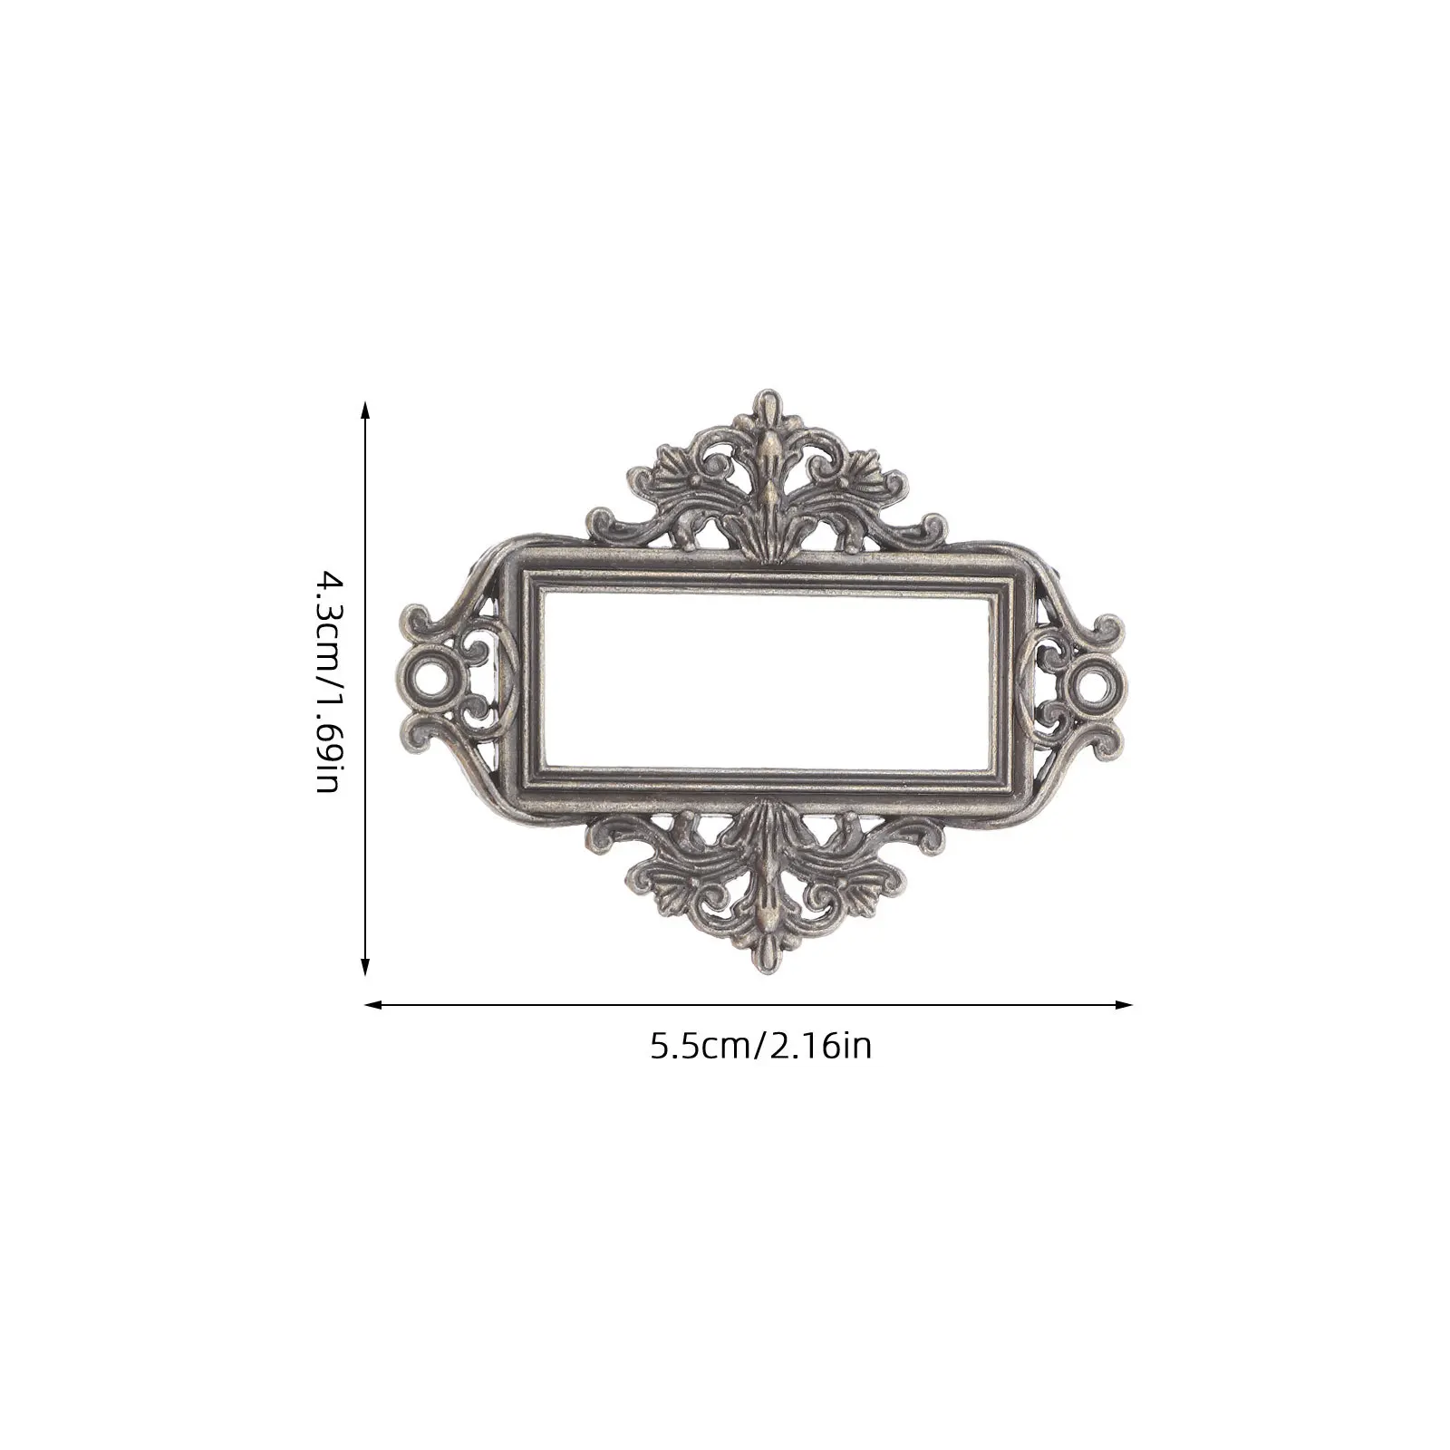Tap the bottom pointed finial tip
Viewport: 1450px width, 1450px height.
tap(769, 966)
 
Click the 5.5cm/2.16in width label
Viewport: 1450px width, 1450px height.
tap(760, 1047)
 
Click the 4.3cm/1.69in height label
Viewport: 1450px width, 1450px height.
tap(327, 681)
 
